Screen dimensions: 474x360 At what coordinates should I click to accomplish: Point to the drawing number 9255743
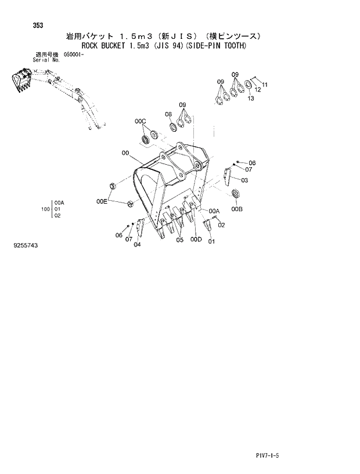pos(24,246)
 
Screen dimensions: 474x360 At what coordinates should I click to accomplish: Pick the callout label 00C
pos(141,121)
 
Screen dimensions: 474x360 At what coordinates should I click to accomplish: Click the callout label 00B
pos(236,209)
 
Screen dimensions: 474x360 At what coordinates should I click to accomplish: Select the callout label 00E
pos(102,201)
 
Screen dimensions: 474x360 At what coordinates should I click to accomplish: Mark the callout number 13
pos(251,99)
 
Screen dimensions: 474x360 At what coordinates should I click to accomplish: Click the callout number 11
pos(265,85)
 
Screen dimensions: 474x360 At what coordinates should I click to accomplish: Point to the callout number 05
pos(180,240)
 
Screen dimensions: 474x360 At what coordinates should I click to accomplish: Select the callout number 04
pos(137,244)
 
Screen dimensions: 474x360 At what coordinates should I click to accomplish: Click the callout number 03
pos(244,180)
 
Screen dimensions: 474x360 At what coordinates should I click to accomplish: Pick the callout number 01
pos(211,241)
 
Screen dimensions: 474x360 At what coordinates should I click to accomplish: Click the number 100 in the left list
pos(45,209)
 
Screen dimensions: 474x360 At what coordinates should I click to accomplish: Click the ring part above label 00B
pos(235,194)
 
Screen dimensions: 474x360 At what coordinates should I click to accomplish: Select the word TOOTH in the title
pos(232,46)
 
